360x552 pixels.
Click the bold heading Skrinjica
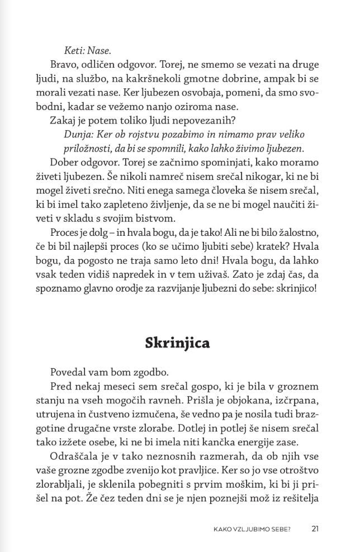coord(178,342)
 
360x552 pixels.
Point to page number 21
coord(315,528)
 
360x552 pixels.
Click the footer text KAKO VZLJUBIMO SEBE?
coord(251,528)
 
